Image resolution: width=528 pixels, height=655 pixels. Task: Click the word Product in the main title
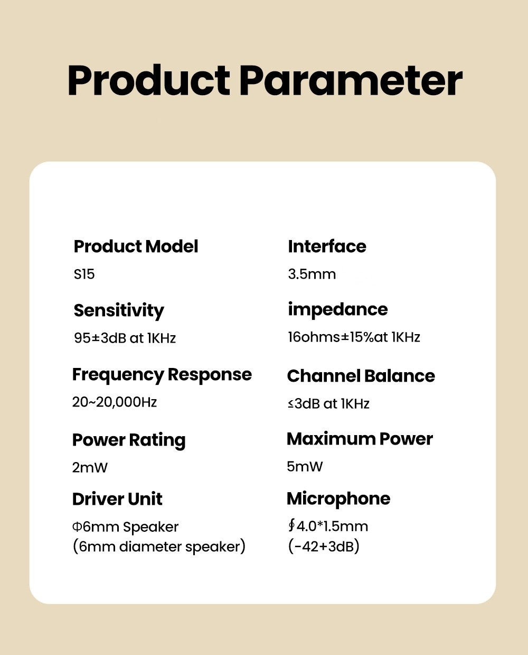(149, 80)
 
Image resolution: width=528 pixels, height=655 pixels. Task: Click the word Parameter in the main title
(351, 80)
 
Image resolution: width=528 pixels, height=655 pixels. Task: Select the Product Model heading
(136, 246)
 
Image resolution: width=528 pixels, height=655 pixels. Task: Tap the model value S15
(84, 274)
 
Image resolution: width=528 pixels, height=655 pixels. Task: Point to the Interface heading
(327, 246)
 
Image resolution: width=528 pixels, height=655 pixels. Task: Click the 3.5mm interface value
(312, 274)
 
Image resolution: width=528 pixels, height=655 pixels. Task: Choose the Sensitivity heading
(119, 311)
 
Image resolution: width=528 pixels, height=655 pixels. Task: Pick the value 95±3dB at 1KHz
(125, 338)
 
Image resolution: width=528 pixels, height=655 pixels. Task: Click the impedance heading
(338, 310)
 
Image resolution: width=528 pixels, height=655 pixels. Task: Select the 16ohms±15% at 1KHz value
(354, 337)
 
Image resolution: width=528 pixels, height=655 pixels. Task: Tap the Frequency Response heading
(162, 375)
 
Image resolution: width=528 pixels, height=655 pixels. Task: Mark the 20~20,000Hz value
(115, 402)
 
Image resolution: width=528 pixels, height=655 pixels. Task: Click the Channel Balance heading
(361, 376)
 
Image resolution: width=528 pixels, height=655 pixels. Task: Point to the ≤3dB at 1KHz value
(328, 404)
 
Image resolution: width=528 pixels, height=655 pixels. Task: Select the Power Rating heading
(129, 440)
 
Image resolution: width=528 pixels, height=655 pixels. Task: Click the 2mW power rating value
(90, 467)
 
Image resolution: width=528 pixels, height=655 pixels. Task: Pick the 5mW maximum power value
(305, 466)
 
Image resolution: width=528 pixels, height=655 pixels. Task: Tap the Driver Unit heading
(117, 499)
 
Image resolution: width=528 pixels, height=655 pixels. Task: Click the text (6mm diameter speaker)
(159, 547)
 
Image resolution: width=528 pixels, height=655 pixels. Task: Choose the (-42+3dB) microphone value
(324, 547)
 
